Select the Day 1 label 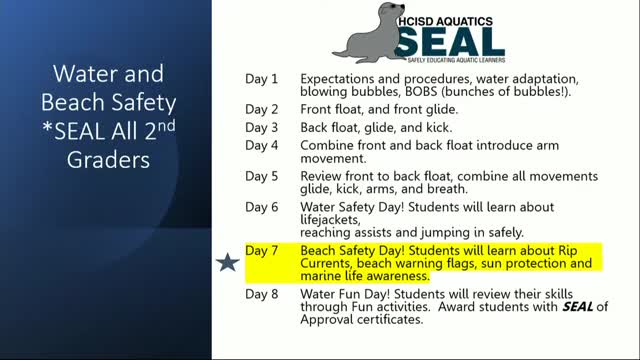pos(262,78)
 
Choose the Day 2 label pos(262,108)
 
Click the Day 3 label pos(262,127)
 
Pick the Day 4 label pos(262,146)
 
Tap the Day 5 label pos(262,176)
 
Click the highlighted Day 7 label pos(262,248)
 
